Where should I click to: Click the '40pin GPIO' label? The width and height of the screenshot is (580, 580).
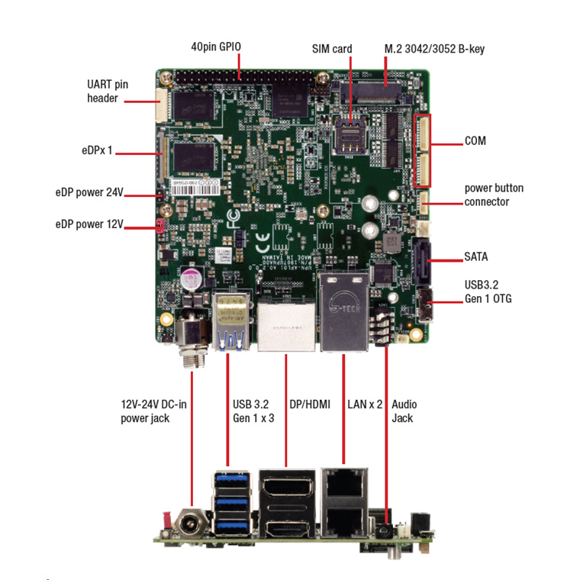(216, 47)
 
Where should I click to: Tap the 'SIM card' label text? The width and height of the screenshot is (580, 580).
(332, 49)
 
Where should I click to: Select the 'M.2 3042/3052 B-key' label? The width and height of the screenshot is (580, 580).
(433, 49)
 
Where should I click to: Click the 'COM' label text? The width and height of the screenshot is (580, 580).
(475, 141)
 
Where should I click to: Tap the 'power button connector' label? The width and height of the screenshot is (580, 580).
(494, 195)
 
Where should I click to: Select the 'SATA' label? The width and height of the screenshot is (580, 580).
(476, 256)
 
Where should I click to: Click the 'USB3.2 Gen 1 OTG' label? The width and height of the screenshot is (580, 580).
(488, 292)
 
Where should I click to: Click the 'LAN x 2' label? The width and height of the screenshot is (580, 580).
(364, 404)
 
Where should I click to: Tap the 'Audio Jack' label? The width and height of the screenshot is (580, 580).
(404, 411)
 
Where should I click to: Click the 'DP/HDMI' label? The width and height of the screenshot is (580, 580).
(310, 404)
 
